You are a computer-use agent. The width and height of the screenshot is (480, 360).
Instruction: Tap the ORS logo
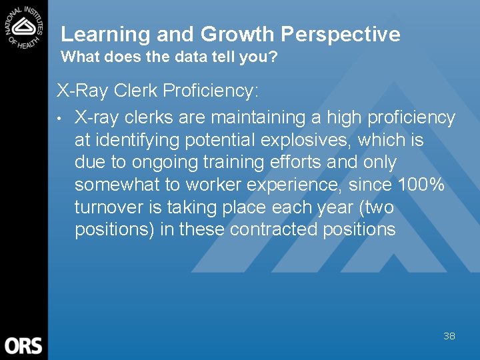(23, 345)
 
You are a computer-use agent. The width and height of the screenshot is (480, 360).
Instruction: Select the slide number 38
(449, 336)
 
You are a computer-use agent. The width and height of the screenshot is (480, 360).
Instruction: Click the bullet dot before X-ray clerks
(59, 119)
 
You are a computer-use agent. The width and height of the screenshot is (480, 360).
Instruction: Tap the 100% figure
(421, 185)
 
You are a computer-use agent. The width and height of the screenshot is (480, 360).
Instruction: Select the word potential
(216, 140)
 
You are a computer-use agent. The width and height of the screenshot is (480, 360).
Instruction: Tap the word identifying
(133, 140)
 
